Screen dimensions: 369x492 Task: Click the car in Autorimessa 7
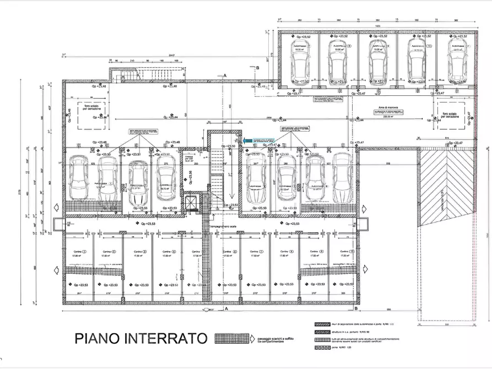click(256, 177)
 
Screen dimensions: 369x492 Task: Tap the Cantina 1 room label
click(75, 252)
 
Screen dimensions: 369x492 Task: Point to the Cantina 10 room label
click(345, 252)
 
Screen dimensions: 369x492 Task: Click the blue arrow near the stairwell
click(247, 142)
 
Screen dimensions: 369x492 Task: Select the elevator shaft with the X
click(191, 203)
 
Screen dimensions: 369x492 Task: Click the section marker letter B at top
click(257, 67)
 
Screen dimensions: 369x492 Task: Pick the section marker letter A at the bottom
click(226, 310)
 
